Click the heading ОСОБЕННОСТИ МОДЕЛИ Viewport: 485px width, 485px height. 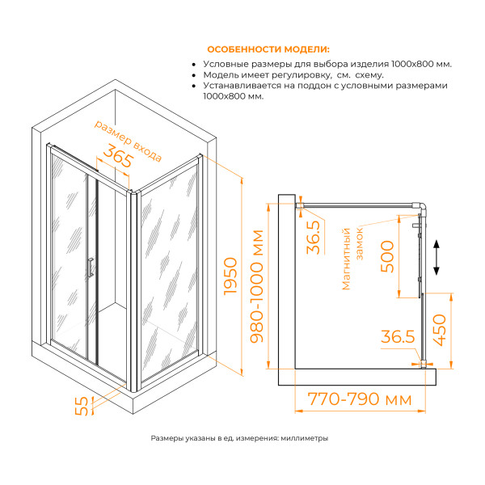tap(269, 48)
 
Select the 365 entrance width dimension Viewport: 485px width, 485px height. tap(117, 159)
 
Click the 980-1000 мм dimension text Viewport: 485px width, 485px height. tap(259, 287)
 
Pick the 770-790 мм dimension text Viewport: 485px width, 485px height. tap(354, 400)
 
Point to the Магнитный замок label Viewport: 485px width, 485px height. tap(353, 258)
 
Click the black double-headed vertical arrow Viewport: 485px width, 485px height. tap(436, 258)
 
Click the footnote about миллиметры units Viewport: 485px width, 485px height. tap(239, 438)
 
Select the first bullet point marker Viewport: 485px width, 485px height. tap(195, 64)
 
